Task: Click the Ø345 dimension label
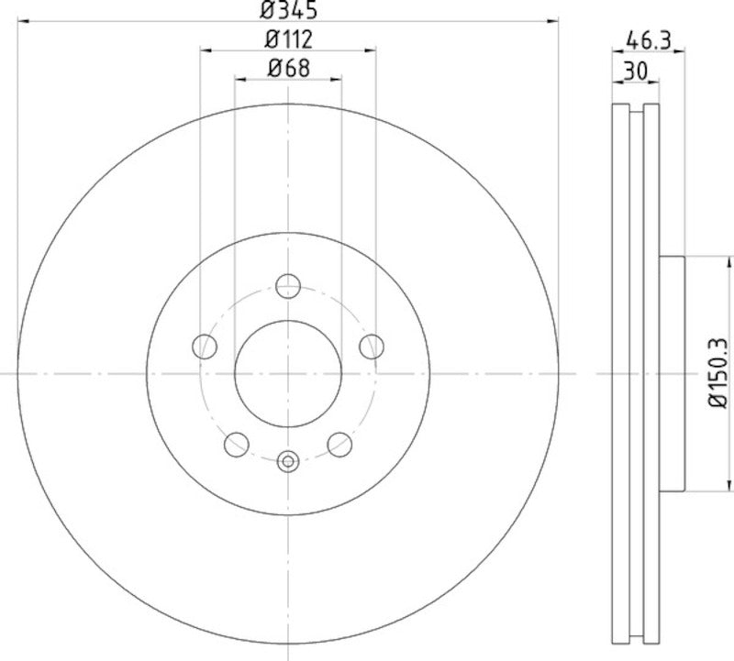[288, 11]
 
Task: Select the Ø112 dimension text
[288, 39]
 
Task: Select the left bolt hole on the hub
[205, 346]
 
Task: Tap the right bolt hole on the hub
[371, 346]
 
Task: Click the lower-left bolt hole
[237, 444]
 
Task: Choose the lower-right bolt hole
[339, 444]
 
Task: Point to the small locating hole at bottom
[288, 461]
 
